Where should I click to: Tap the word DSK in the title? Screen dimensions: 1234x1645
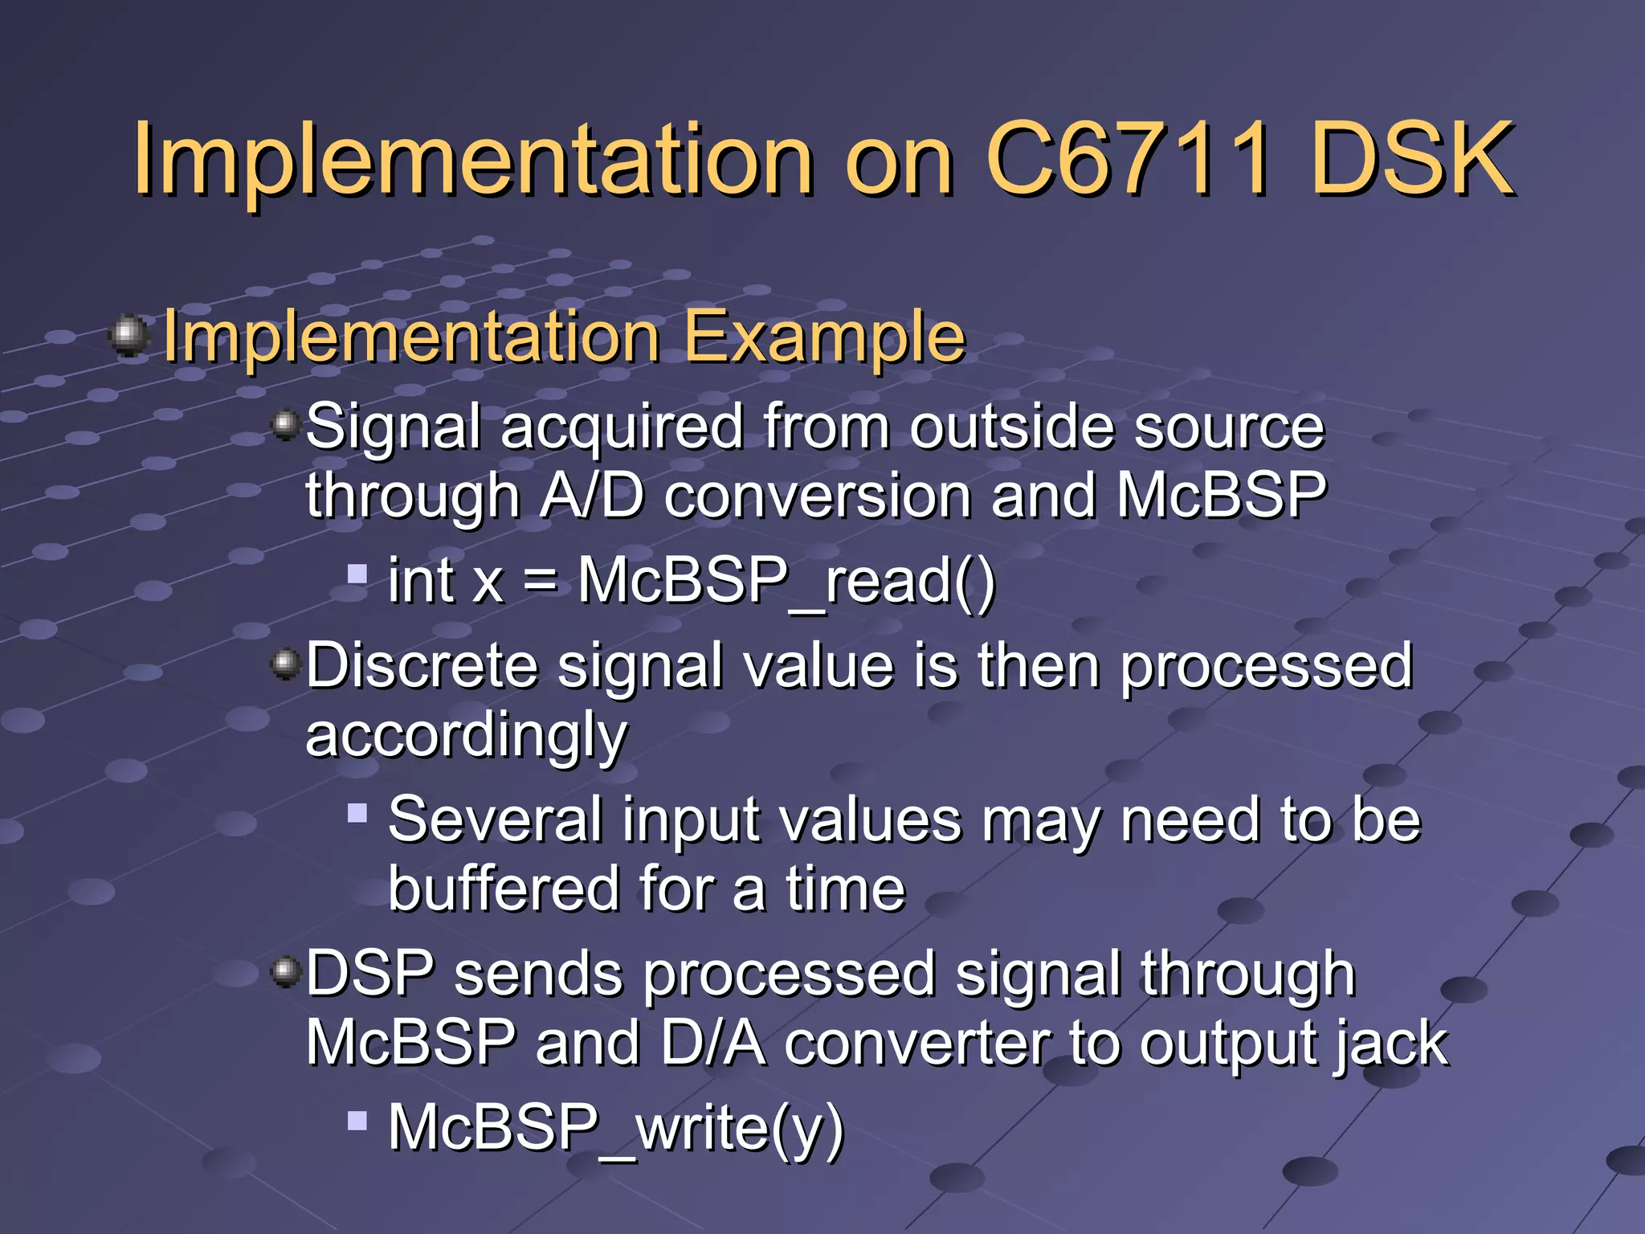[x=1412, y=159]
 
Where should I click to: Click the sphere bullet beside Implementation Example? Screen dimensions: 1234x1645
[x=129, y=335]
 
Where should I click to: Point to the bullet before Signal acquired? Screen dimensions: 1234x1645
[x=285, y=423]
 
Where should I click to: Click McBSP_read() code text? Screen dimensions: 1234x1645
[x=786, y=580]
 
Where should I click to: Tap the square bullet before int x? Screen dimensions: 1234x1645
[x=357, y=573]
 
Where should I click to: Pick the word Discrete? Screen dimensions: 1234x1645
[x=422, y=666]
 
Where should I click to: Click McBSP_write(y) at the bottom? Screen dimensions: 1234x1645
[x=615, y=1128]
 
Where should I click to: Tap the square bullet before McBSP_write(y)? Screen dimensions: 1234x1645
[x=357, y=1120]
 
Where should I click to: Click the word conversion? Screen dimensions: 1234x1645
[x=817, y=496]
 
